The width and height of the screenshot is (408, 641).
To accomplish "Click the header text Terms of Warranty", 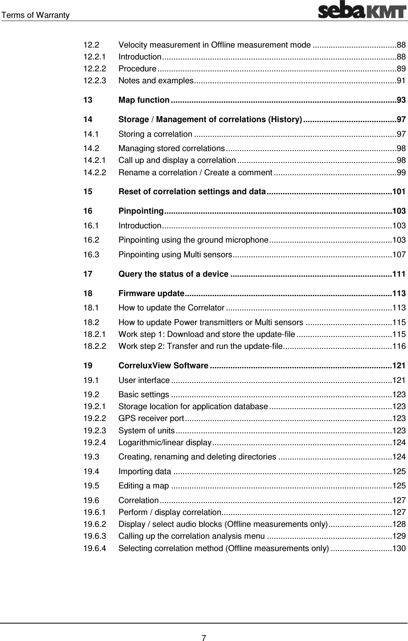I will click(35, 15).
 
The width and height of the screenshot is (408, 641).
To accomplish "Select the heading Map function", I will click(144, 100).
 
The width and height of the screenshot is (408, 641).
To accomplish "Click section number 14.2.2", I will click(95, 172).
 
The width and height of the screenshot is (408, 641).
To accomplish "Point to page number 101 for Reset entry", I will click(398, 192).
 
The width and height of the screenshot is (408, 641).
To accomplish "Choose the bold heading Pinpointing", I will click(141, 211).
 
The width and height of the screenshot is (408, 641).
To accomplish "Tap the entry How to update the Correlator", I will click(171, 308).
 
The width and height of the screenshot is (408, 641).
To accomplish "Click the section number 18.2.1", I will click(95, 334).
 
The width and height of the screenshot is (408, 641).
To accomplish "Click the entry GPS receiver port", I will click(151, 419).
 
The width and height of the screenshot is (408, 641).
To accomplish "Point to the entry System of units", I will click(146, 431).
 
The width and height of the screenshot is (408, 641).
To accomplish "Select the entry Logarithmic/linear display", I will click(165, 442).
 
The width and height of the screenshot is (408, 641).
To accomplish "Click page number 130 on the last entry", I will click(398, 548).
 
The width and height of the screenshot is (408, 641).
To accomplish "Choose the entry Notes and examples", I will click(155, 81).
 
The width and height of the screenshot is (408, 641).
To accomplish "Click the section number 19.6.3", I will click(95, 536).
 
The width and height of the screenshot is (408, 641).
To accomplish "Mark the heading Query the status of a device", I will click(173, 274).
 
